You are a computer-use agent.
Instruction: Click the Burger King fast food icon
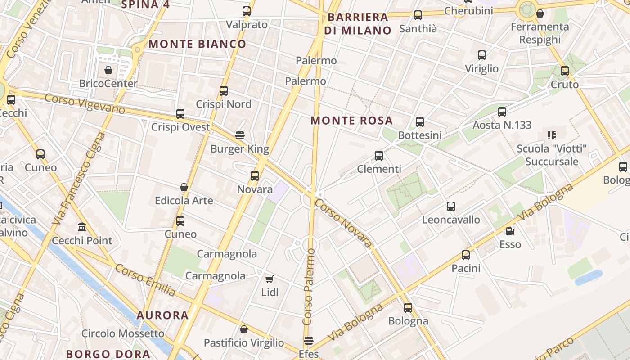pyautogui.click(x=240, y=135)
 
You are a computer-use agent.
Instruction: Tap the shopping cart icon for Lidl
pyautogui.click(x=270, y=279)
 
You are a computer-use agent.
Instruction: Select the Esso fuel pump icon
pyautogui.click(x=510, y=231)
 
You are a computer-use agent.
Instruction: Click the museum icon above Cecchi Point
pyautogui.click(x=82, y=227)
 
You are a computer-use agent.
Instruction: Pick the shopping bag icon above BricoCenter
pyautogui.click(x=108, y=70)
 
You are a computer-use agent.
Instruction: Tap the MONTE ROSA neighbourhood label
pyautogui.click(x=352, y=121)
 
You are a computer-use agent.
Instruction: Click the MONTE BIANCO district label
pyautogui.click(x=198, y=44)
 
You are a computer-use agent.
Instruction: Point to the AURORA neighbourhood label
pyautogui.click(x=162, y=315)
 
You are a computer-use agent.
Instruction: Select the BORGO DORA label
pyautogui.click(x=102, y=354)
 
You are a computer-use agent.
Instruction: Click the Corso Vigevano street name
pyautogui.click(x=85, y=104)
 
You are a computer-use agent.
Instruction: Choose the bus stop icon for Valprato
pyautogui.click(x=247, y=11)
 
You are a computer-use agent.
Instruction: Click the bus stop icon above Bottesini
pyautogui.click(x=420, y=122)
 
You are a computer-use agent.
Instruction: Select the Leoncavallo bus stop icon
pyautogui.click(x=451, y=207)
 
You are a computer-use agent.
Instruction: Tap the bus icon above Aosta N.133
pyautogui.click(x=502, y=112)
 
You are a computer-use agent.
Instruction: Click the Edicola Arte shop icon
pyautogui.click(x=184, y=187)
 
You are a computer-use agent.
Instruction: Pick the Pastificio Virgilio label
pyautogui.click(x=244, y=343)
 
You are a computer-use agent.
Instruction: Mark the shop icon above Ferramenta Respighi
pyautogui.click(x=540, y=13)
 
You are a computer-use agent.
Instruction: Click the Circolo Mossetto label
pyautogui.click(x=123, y=333)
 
